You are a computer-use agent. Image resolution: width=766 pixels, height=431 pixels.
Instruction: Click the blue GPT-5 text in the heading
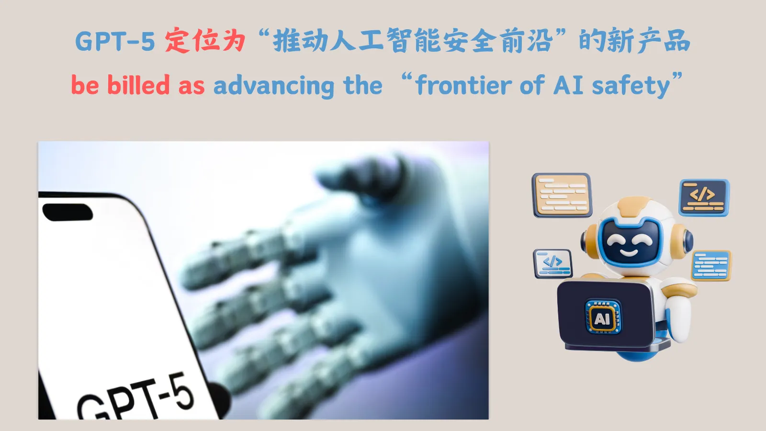[x=115, y=41]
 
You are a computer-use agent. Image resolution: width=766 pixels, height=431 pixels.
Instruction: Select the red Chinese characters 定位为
[x=205, y=40]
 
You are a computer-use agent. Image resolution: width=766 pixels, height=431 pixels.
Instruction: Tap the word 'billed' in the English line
[x=138, y=84]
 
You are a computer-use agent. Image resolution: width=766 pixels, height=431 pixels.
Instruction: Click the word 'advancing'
[x=274, y=86]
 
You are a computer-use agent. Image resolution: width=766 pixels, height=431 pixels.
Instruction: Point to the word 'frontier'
[x=464, y=84]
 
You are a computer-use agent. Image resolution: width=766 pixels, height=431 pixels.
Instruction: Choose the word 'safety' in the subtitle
[x=631, y=86]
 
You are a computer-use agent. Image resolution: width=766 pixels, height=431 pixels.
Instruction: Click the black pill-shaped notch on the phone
[x=68, y=213]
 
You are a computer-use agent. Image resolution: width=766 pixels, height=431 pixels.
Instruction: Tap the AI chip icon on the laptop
[x=603, y=317]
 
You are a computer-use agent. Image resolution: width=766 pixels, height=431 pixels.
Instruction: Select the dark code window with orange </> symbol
[x=704, y=198]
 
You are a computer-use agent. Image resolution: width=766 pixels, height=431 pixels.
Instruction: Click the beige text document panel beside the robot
[x=562, y=195]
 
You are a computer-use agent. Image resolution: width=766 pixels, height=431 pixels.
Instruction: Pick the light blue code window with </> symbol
[x=552, y=263]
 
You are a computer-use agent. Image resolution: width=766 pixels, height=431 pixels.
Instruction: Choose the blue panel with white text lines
[x=711, y=265]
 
